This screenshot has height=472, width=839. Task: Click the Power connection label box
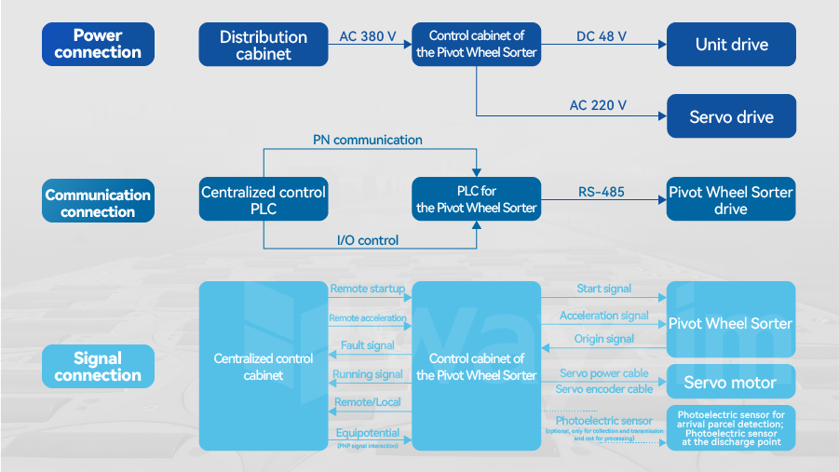tap(98, 45)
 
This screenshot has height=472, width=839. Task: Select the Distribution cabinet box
tap(264, 45)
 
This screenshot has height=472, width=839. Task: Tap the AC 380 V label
tap(368, 37)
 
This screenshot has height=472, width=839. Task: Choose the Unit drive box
tap(731, 45)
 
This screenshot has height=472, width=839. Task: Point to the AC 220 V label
tap(598, 105)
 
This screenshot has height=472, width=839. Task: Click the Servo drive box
tap(731, 117)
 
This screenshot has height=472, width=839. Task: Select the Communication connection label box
tap(98, 203)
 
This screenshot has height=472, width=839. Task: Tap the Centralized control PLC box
tap(264, 199)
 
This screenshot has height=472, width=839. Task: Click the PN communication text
tap(367, 140)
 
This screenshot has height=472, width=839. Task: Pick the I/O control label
tap(367, 240)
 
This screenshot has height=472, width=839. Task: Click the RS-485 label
tap(601, 193)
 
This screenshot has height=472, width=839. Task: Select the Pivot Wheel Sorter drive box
tap(731, 199)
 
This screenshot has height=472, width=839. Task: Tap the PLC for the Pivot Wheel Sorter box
tap(476, 199)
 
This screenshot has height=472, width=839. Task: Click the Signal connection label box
tap(98, 367)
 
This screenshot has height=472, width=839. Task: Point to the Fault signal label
tap(368, 345)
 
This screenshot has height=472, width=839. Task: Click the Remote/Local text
tap(367, 403)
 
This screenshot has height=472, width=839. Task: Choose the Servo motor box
tap(731, 383)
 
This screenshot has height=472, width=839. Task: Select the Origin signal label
tap(603, 339)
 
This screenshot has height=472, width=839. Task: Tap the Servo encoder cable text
tap(603, 389)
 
